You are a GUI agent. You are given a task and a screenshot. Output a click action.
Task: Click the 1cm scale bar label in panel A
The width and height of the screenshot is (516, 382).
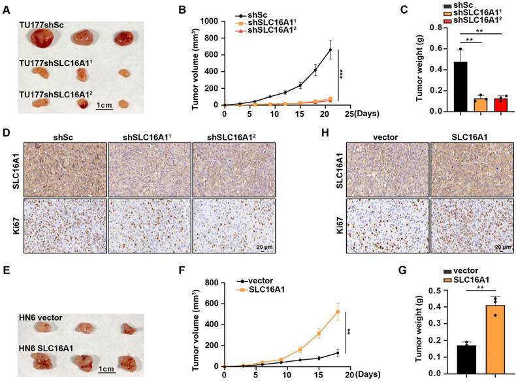[106, 105]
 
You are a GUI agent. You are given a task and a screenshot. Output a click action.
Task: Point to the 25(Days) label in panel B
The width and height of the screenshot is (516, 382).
[364, 113]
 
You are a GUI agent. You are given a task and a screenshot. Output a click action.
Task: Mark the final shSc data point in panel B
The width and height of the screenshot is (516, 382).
[330, 50]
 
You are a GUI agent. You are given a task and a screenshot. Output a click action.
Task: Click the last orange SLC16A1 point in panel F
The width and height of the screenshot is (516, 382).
[338, 311]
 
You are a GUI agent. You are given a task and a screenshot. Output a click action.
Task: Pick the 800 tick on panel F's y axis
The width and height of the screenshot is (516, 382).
[211, 283]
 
